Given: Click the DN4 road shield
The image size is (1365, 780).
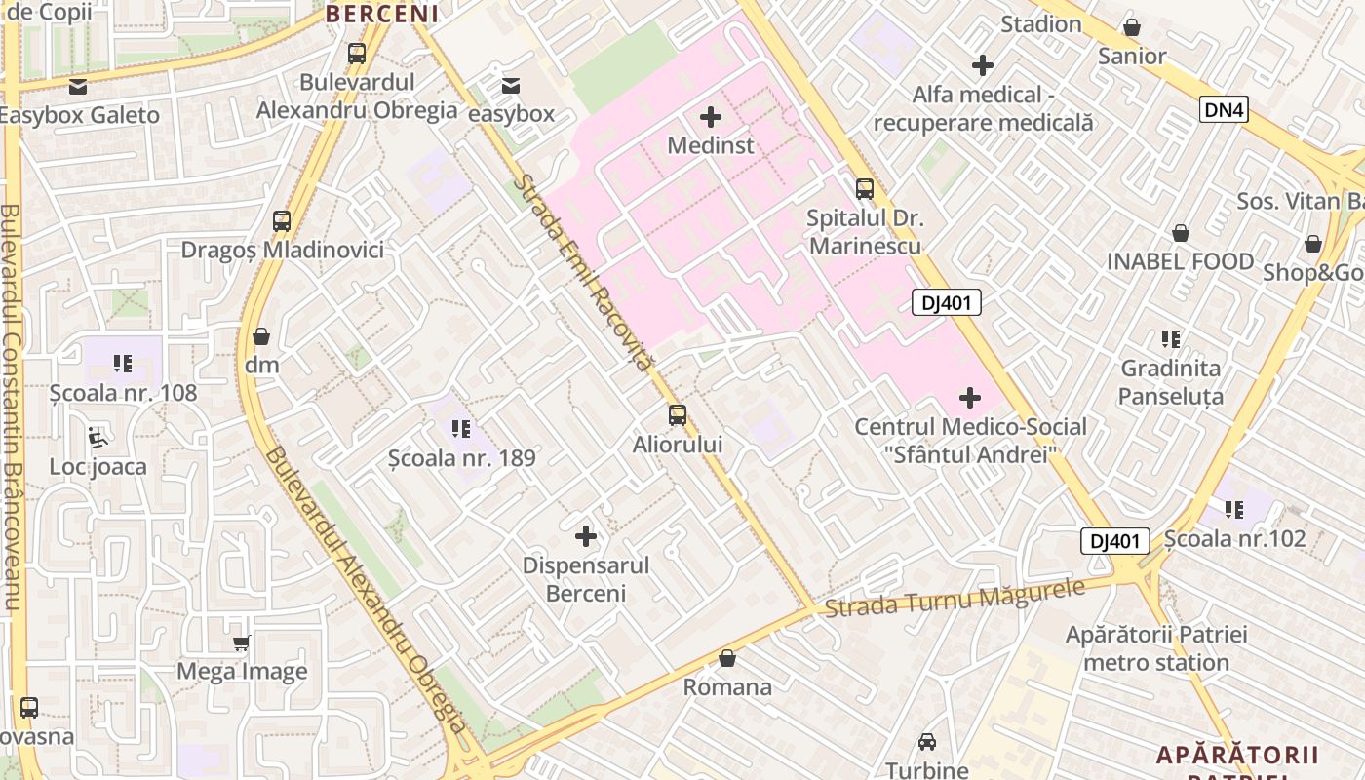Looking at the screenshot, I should coord(1224,109).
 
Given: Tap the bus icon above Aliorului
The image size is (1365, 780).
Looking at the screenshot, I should coord(678,415).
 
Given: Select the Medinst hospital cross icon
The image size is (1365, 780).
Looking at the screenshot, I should coord(711,117).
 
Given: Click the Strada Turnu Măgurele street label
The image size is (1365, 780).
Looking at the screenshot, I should coord(955,597).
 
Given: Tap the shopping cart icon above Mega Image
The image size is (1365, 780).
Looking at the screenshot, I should coord(242,643).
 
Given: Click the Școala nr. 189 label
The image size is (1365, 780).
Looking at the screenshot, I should coord(462,457).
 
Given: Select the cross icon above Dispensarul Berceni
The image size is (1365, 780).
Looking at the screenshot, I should coord(586,535).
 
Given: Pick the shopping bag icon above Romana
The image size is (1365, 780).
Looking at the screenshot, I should coord(727,658).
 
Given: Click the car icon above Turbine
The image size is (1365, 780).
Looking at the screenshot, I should coord(927,741).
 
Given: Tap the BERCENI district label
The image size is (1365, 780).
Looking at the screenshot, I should coord(382,14).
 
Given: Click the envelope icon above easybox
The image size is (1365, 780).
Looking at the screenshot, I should coord(510,86).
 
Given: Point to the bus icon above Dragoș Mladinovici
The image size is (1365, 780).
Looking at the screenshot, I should coord(282,220).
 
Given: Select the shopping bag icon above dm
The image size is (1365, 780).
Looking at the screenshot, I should coord(261,336).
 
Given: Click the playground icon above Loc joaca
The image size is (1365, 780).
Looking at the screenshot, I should coord(97,438).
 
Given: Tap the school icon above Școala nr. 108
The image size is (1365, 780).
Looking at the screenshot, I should coord(123,364).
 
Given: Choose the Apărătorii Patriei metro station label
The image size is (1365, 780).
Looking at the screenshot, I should coord(1155,648).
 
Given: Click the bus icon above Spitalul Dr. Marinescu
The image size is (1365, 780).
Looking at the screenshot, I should coord(865,189).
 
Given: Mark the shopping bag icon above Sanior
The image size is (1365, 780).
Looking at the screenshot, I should coord(1132,27).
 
